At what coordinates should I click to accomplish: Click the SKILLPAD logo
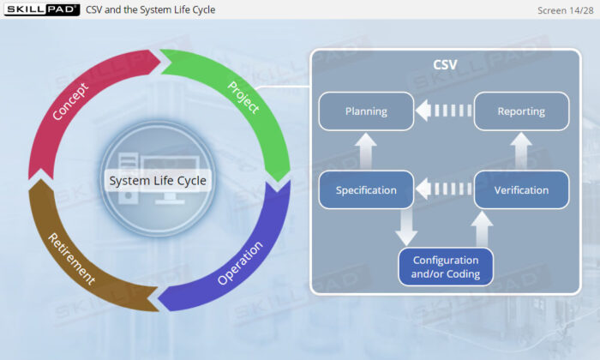click(x=42, y=9)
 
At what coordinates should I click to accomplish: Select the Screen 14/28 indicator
click(x=565, y=10)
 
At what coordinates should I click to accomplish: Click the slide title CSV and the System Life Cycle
click(x=150, y=9)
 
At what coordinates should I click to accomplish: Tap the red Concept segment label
click(x=70, y=102)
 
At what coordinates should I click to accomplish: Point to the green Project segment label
click(x=243, y=97)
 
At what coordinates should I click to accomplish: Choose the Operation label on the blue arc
click(x=240, y=262)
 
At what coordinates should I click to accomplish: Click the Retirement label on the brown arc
click(x=71, y=259)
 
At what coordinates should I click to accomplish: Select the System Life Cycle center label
click(x=158, y=181)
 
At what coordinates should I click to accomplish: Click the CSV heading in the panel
click(x=445, y=64)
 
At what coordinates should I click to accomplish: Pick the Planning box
click(x=366, y=111)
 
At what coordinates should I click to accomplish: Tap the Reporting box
click(x=521, y=111)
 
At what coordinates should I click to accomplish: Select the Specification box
click(x=366, y=189)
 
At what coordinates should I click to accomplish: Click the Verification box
click(x=521, y=189)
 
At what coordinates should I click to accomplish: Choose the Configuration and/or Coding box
click(x=446, y=267)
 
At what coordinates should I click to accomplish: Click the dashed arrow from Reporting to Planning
click(x=444, y=111)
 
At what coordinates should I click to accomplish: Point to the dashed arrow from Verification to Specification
click(x=444, y=189)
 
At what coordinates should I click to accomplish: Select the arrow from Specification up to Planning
click(x=366, y=151)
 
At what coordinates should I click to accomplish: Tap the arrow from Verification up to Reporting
click(x=521, y=151)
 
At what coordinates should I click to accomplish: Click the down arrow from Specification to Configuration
click(x=406, y=228)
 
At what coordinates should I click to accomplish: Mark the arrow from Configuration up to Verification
click(x=482, y=229)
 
